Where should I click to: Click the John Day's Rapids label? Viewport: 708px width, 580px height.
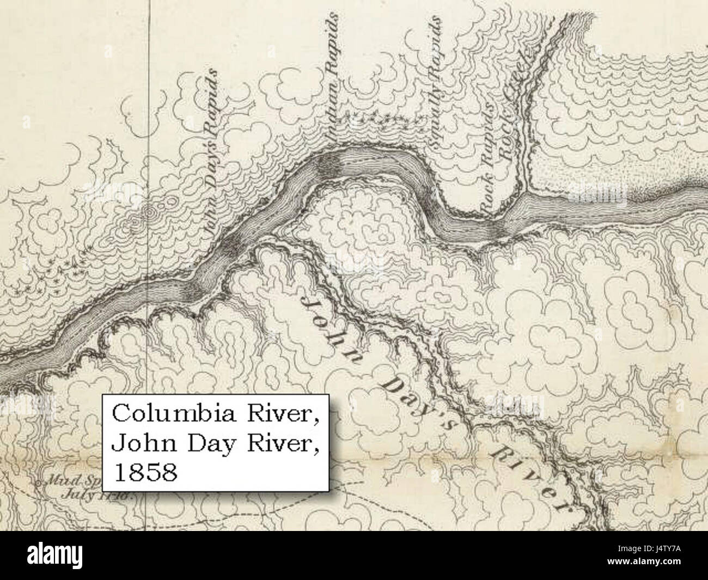[x=211, y=152]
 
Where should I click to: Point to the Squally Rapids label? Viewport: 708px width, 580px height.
[x=436, y=82]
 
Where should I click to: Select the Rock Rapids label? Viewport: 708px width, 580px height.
[x=487, y=158]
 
